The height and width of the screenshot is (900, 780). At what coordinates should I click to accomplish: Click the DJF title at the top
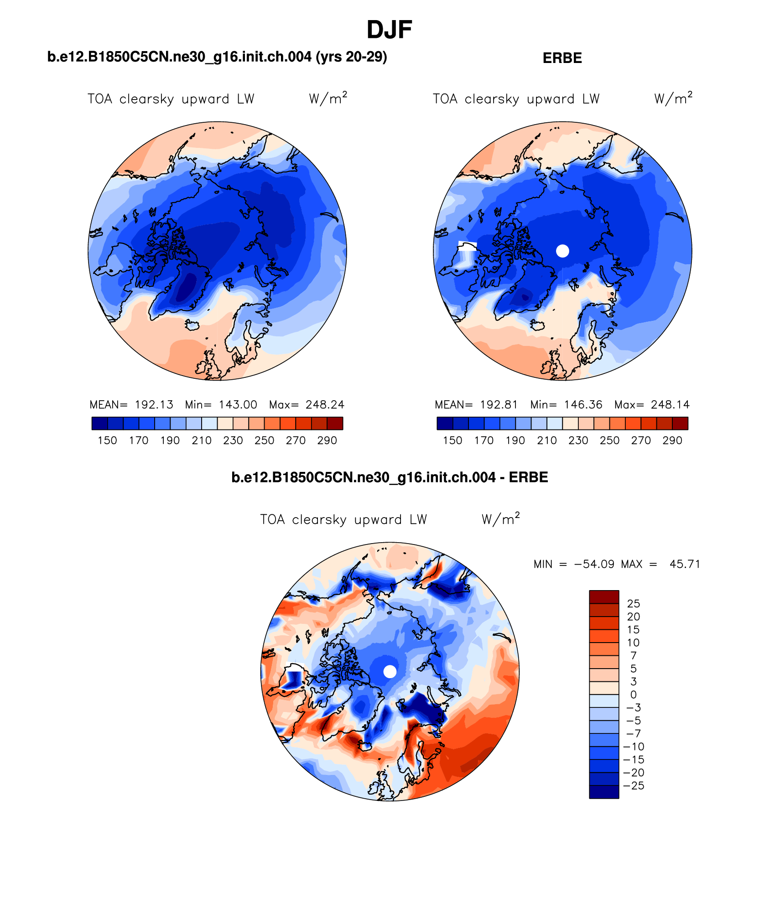[389, 30]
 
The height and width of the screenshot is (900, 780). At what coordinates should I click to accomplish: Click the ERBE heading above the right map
[562, 58]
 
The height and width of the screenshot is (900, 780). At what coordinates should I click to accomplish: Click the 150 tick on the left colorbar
[107, 440]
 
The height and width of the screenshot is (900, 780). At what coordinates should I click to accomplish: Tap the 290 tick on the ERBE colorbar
[672, 440]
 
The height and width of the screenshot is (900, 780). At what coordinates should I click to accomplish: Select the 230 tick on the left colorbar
[233, 440]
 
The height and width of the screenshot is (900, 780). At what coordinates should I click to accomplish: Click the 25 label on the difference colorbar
[633, 604]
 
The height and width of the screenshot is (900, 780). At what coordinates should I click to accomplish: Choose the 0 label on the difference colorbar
[633, 695]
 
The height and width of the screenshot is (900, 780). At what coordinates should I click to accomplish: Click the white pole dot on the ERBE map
[562, 251]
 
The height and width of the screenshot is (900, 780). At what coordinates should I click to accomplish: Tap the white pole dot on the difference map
[390, 671]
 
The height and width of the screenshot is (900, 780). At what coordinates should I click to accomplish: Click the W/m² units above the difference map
[500, 519]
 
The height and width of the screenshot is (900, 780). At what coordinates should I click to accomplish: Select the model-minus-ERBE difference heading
[390, 477]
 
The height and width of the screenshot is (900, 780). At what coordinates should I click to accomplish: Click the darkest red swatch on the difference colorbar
[603, 597]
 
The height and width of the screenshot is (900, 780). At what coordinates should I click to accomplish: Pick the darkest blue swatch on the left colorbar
[99, 424]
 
